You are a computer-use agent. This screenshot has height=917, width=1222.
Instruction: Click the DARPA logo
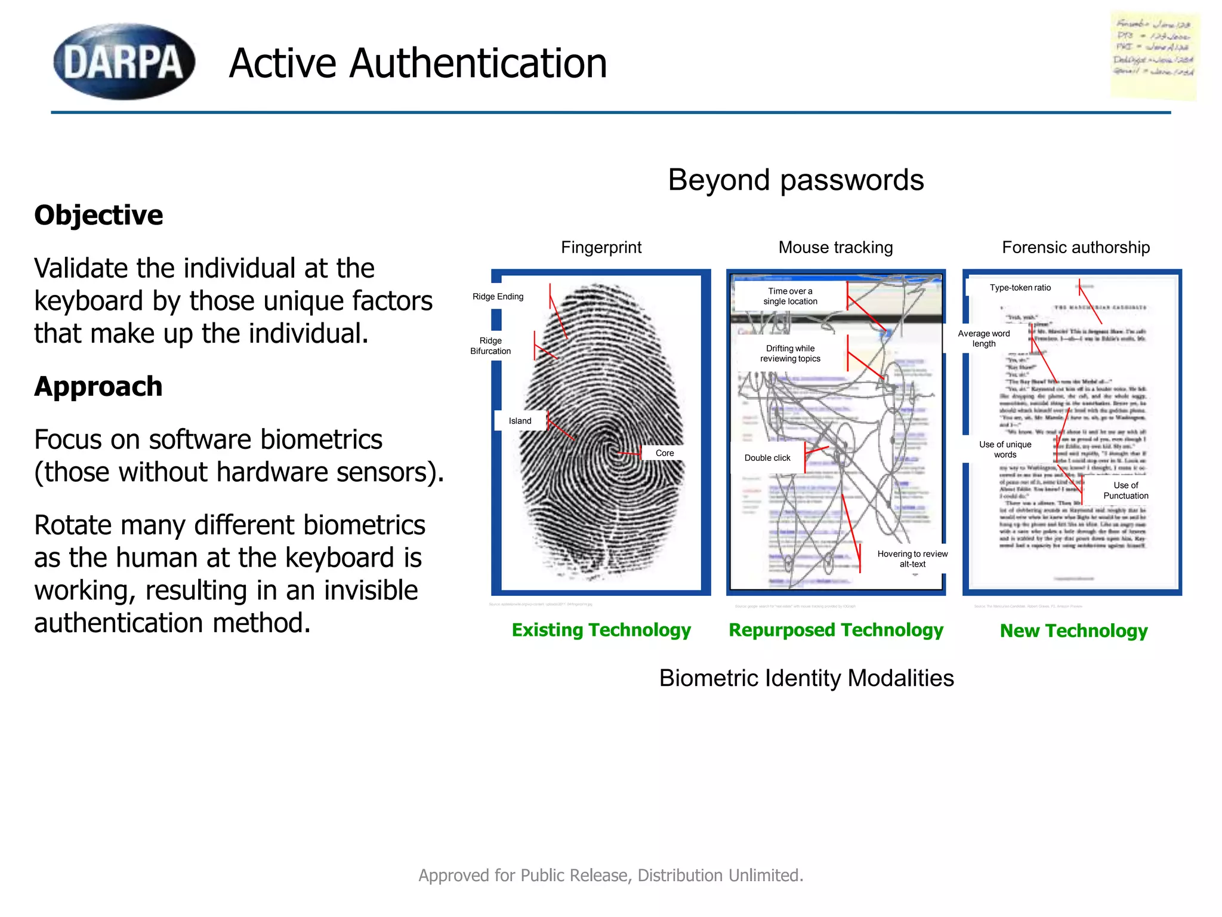click(124, 61)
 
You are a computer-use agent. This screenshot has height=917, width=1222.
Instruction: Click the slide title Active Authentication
click(418, 63)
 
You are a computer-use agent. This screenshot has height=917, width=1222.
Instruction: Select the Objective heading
click(98, 215)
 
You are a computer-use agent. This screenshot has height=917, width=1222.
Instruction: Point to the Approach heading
click(98, 386)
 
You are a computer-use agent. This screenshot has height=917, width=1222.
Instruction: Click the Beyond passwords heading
click(795, 180)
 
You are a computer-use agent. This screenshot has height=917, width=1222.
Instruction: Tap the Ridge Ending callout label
click(498, 297)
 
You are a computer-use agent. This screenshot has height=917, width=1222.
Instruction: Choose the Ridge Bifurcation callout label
click(490, 346)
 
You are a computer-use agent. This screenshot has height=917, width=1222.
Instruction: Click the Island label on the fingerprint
click(520, 421)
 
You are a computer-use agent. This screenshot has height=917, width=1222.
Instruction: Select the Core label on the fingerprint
click(665, 453)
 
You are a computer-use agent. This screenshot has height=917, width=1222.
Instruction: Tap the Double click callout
click(767, 458)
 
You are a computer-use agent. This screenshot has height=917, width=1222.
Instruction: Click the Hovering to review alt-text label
click(912, 559)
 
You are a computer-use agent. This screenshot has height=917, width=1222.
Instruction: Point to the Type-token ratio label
click(1020, 288)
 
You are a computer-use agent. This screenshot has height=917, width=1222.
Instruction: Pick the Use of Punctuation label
click(1125, 490)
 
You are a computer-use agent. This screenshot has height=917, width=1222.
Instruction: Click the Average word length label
click(984, 339)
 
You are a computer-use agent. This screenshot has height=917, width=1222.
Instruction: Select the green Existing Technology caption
click(601, 630)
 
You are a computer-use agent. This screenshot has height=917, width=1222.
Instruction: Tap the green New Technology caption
click(1073, 630)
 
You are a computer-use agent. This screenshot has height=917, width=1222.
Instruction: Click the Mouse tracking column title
click(835, 247)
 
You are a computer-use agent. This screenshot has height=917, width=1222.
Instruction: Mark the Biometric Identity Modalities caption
click(806, 678)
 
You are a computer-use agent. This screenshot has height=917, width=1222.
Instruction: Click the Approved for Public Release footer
click(611, 875)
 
